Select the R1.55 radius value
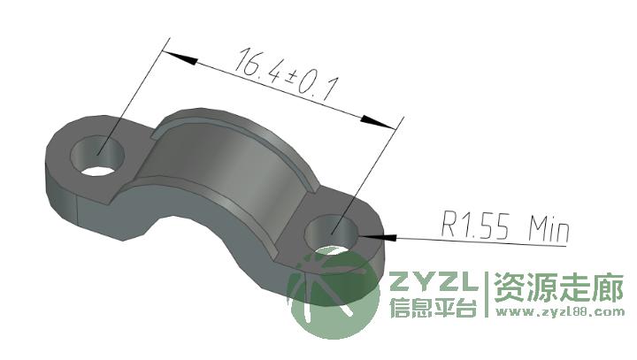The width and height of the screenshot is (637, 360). (x=474, y=225)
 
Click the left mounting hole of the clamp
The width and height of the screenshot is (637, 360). (x=98, y=156)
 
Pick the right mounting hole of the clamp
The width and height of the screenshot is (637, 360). (x=333, y=234)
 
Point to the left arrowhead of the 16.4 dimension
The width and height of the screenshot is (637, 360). (x=180, y=57)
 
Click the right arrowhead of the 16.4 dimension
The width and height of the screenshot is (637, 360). (x=378, y=123)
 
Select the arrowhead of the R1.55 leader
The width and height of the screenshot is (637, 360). (x=377, y=236)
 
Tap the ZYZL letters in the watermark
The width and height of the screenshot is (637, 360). (x=434, y=281)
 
